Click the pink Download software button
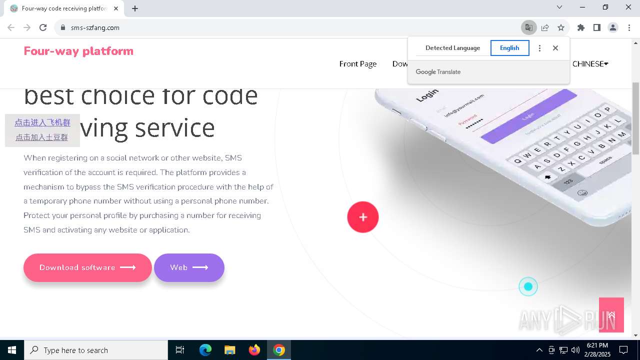point(87,267)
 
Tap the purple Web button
point(189,267)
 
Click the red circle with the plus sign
point(363,217)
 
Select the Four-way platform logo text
point(78,51)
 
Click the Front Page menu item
point(358,64)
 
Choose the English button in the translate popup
point(509,48)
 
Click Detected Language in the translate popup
point(452,48)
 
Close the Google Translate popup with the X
point(555,48)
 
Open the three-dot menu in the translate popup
point(539,48)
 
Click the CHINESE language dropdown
point(590,64)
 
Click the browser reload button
point(43,27)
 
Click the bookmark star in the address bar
point(561,27)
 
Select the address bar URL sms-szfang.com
point(95,27)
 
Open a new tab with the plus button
point(135,8)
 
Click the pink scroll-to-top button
point(611,314)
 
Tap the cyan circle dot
point(528,286)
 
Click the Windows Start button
point(12,350)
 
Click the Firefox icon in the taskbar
point(254,350)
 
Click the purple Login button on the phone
point(528,116)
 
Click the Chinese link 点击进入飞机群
point(42,122)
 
